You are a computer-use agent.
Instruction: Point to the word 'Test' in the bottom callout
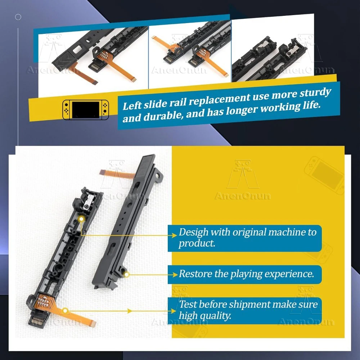pyautogui.click(x=188, y=305)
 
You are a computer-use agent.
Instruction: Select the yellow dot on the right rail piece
pyautogui.click(x=126, y=274)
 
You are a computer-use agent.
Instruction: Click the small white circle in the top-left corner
pyautogui.click(x=18, y=17)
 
